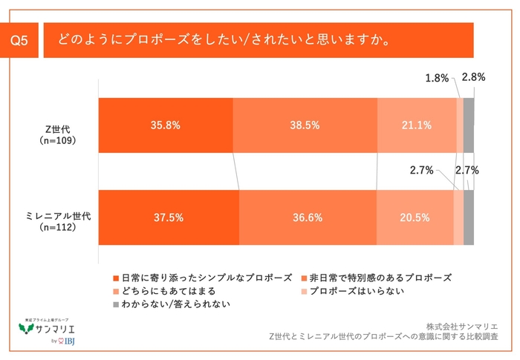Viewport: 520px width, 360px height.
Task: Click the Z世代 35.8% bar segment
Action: pyautogui.click(x=165, y=125)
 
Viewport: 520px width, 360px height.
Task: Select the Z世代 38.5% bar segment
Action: pyautogui.click(x=305, y=125)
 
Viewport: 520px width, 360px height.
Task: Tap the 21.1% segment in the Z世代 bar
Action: pyautogui.click(x=416, y=125)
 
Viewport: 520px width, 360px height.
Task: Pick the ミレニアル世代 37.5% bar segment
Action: pyautogui.click(x=169, y=217)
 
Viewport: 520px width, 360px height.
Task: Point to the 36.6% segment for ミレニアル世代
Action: pyautogui.click(x=308, y=217)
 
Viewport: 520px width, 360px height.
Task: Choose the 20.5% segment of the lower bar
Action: pyautogui.click(x=415, y=217)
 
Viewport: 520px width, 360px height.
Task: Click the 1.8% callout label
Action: pyautogui.click(x=437, y=77)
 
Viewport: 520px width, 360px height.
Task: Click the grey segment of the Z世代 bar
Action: pyautogui.click(x=469, y=125)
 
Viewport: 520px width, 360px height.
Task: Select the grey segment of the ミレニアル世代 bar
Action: pyautogui.click(x=469, y=217)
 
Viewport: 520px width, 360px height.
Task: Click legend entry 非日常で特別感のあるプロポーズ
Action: pyautogui.click(x=379, y=278)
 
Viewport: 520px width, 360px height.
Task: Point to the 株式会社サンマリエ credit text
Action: pyautogui.click(x=461, y=325)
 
